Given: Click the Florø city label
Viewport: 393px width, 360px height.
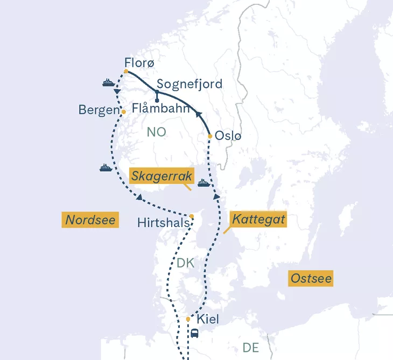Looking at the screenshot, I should pyautogui.click(x=139, y=62).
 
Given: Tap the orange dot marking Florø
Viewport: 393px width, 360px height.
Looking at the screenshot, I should pyautogui.click(x=126, y=71).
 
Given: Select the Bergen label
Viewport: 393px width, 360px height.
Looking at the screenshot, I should pyautogui.click(x=99, y=110).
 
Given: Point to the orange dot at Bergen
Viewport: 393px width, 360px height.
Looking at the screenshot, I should pyautogui.click(x=123, y=111).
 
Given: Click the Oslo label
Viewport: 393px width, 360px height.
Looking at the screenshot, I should pyautogui.click(x=228, y=136).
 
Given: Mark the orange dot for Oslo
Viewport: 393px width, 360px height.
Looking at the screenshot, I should pyautogui.click(x=210, y=136).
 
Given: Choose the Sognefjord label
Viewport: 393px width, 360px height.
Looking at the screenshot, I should pyautogui.click(x=189, y=85).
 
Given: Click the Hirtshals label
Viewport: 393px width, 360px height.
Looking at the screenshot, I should pyautogui.click(x=164, y=222).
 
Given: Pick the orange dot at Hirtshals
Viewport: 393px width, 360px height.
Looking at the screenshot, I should pyautogui.click(x=192, y=216).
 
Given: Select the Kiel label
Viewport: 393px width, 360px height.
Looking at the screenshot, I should pyautogui.click(x=208, y=319).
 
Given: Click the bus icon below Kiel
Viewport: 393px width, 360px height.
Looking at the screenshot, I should pyautogui.click(x=194, y=333).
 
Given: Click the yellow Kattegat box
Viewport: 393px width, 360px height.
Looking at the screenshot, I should pyautogui.click(x=258, y=219).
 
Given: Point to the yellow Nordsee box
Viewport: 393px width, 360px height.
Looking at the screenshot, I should pyautogui.click(x=91, y=220).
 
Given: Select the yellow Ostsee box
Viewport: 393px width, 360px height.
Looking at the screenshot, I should pyautogui.click(x=311, y=279).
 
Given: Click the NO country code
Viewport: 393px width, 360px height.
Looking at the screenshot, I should pyautogui.click(x=157, y=132).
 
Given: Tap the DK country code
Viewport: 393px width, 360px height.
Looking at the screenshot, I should pyautogui.click(x=185, y=263).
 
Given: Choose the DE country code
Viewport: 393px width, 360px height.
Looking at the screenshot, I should pyautogui.click(x=251, y=347).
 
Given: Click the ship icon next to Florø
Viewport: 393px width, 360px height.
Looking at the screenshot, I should pyautogui.click(x=108, y=83).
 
